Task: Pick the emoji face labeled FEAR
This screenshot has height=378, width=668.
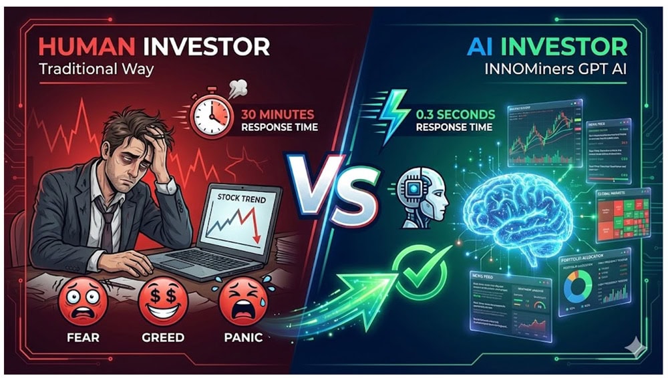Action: [x=82, y=302]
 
